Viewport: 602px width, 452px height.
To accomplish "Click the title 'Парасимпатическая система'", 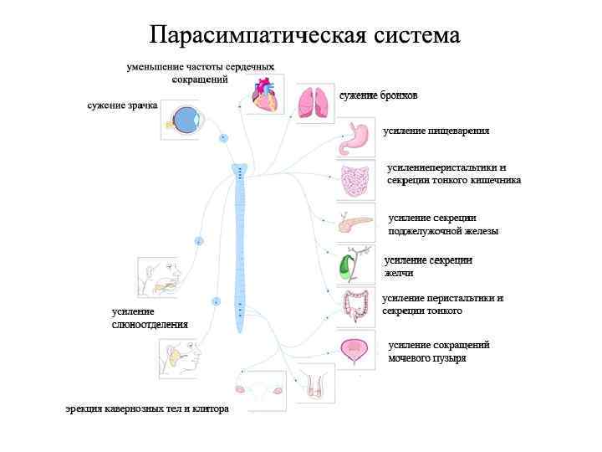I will click(x=305, y=35).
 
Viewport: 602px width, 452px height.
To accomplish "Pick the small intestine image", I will click(x=356, y=181).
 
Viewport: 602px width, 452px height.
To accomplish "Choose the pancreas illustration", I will click(x=355, y=223).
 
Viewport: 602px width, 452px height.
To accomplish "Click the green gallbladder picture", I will click(x=344, y=267).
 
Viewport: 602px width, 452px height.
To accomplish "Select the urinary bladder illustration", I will click(x=356, y=351).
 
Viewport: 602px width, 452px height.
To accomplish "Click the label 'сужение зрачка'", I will click(x=122, y=106).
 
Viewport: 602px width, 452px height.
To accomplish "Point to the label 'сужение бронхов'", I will click(x=378, y=96).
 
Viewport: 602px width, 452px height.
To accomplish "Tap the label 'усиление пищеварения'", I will click(x=436, y=131).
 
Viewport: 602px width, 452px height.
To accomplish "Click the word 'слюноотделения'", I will click(x=150, y=324).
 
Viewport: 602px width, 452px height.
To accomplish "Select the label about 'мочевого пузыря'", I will click(x=426, y=358).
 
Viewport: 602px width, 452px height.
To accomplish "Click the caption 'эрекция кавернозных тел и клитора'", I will click(x=147, y=409).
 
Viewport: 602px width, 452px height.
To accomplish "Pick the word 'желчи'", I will click(x=399, y=274).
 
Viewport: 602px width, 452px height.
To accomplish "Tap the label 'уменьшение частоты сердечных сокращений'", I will click(x=201, y=72).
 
